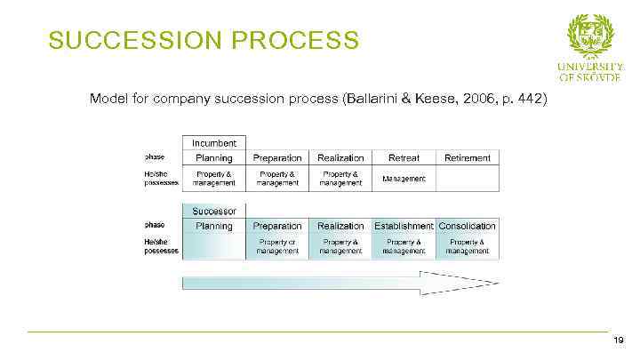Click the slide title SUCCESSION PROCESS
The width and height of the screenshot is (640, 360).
[204, 41]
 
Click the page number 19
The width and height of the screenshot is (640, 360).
[618, 340]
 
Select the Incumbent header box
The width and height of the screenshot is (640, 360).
[214, 142]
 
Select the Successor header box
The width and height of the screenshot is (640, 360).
[214, 212]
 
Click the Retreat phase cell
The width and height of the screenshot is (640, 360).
[404, 157]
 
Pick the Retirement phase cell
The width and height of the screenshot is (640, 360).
[468, 157]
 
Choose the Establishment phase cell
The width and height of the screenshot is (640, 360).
[404, 226]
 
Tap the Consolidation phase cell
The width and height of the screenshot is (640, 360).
[468, 226]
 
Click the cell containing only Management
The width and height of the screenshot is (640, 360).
[404, 179]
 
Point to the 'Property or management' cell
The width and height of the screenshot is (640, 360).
[277, 246]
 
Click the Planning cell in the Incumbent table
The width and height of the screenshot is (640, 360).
[214, 157]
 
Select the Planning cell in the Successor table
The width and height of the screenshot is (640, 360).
[214, 226]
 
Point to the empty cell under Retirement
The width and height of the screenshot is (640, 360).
[468, 179]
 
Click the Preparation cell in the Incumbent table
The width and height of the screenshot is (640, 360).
[277, 157]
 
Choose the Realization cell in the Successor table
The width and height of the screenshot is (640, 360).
[340, 226]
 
